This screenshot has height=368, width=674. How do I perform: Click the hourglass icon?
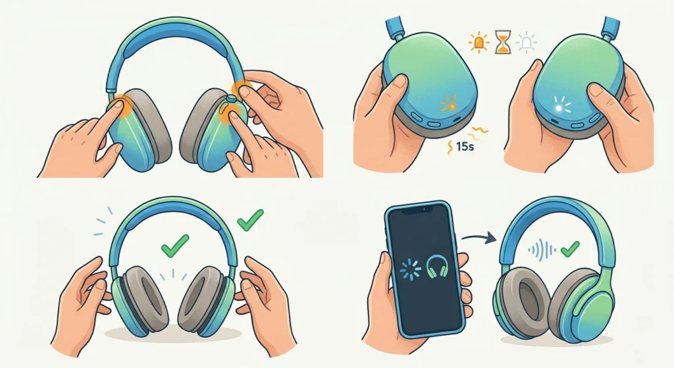504,44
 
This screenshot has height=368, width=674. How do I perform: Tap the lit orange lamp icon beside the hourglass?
479,43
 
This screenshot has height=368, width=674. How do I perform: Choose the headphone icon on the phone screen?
436,267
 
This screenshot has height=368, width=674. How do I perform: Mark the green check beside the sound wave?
569,248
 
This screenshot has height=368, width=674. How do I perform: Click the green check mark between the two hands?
172,249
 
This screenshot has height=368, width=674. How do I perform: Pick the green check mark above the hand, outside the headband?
249,220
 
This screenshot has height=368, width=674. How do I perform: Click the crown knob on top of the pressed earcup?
231,99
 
